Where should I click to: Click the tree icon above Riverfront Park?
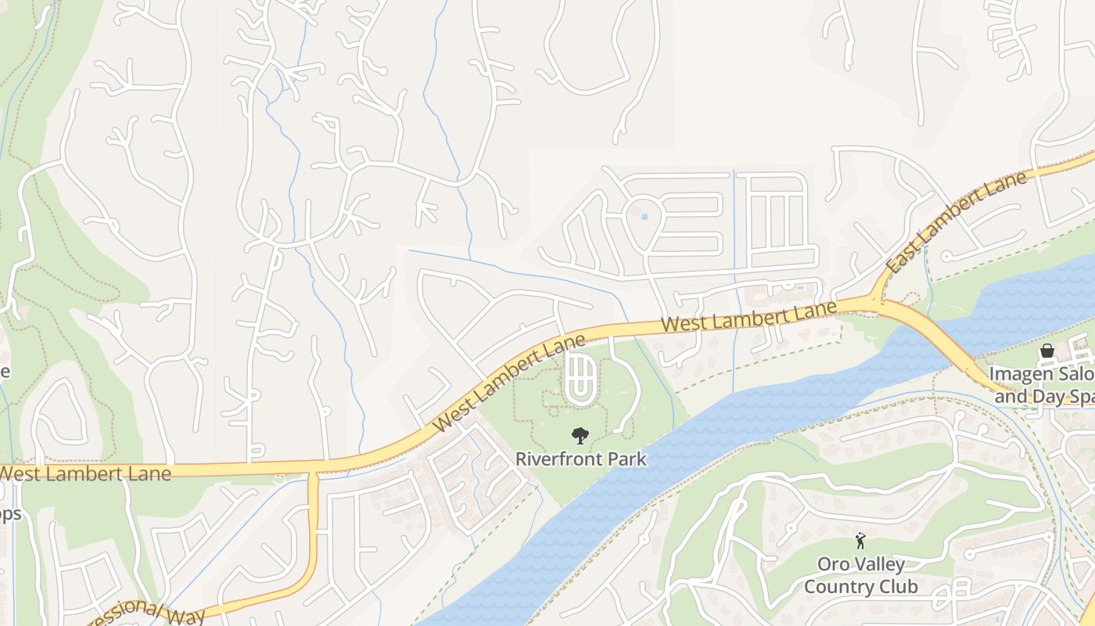[x=580, y=435]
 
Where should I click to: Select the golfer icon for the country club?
[x=860, y=541]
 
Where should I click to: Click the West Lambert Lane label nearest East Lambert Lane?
[x=749, y=316]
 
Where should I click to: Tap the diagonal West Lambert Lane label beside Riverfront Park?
[x=509, y=383]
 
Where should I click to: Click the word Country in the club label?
[x=838, y=586]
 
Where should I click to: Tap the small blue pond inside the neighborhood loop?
[x=644, y=216]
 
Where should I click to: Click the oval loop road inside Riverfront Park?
[x=580, y=380]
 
